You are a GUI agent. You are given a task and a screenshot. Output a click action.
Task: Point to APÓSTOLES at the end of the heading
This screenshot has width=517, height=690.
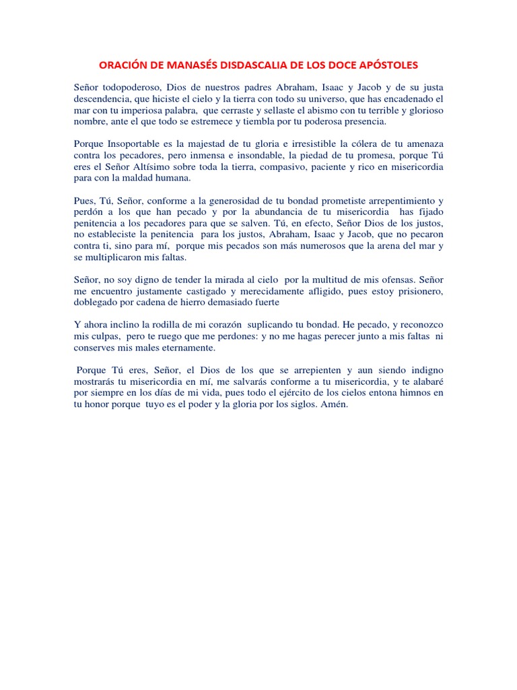[386, 65]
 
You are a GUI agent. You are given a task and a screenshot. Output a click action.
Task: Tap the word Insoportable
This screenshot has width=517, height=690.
[141, 144]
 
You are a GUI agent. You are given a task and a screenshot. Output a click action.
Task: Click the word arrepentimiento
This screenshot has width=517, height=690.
[393, 201]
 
